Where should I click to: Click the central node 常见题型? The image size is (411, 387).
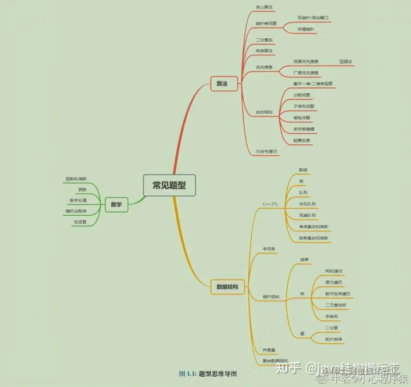(x=169, y=186)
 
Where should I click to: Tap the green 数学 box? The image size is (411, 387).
(x=116, y=203)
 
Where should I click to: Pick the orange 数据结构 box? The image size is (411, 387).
(x=228, y=287)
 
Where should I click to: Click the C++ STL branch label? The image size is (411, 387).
(x=269, y=204)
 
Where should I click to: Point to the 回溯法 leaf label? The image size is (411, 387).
(x=346, y=61)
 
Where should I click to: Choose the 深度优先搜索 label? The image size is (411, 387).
(x=306, y=61)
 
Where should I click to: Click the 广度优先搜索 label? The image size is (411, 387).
(x=306, y=74)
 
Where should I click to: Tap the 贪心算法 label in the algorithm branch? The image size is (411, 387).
(x=264, y=7)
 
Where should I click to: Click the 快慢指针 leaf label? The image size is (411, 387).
(x=305, y=29)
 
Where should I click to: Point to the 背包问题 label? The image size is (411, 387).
(x=303, y=118)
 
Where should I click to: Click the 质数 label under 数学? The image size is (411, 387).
(x=82, y=190)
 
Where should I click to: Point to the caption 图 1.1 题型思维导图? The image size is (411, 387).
(x=208, y=374)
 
